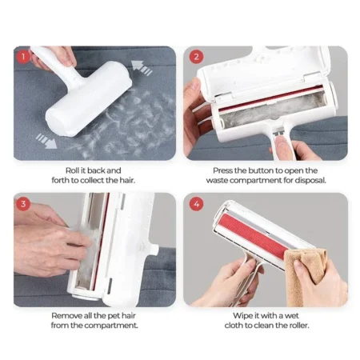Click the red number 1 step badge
[x=24, y=58]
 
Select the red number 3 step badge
[x=24, y=202]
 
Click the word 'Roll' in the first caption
[x=72, y=170]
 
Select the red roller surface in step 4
[x=256, y=237]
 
